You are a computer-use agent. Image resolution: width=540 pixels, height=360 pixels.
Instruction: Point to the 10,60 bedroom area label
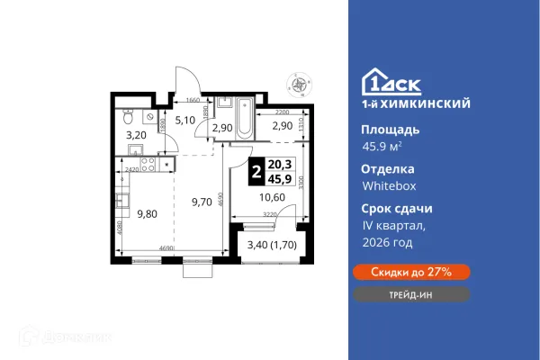click(271, 198)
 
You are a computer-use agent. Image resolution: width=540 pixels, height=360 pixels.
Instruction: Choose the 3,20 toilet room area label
click(134, 138)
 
